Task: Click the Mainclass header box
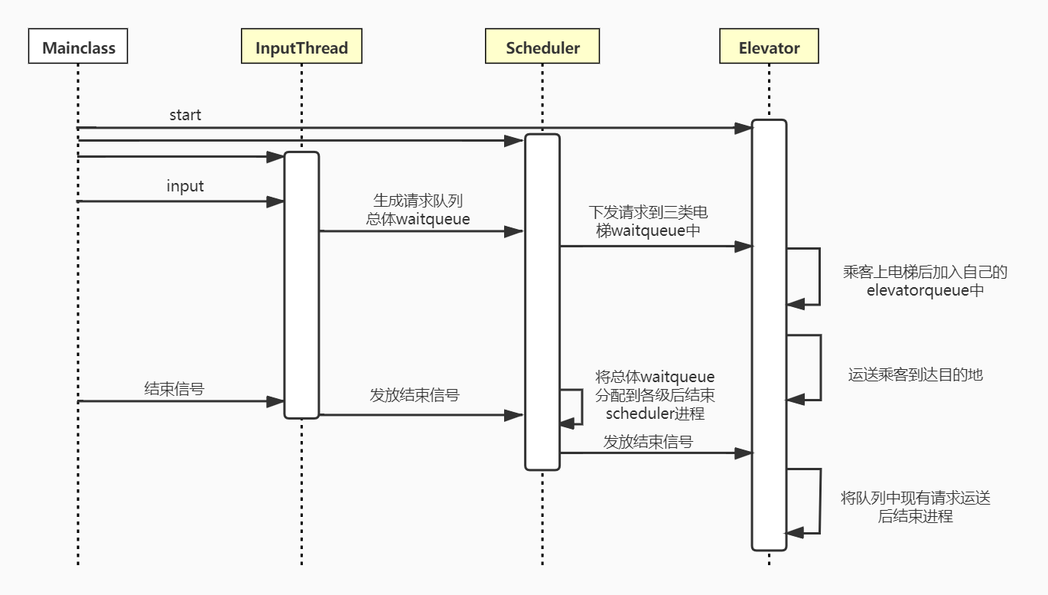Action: click(79, 47)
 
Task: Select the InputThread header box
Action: click(301, 47)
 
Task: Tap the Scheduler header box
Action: click(542, 47)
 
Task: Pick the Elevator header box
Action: click(769, 47)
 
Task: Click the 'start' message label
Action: click(185, 115)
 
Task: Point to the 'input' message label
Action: click(185, 186)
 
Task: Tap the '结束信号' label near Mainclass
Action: click(174, 388)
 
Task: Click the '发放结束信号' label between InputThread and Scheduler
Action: click(415, 395)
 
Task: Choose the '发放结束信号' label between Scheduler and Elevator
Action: click(648, 441)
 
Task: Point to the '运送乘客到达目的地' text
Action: click(915, 374)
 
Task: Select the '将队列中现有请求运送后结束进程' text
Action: click(916, 507)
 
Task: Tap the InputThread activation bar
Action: click(301, 285)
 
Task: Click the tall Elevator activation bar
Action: click(769, 335)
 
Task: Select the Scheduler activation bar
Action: click(542, 302)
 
